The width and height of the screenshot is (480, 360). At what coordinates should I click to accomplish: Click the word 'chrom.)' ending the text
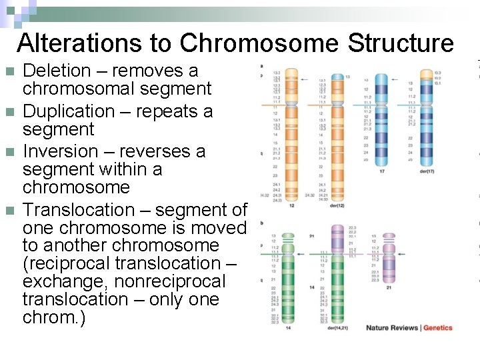pos(54,318)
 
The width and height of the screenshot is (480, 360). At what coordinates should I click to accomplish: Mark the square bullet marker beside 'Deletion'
pos(9,71)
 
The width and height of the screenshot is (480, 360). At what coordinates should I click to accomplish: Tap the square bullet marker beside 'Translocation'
pos(9,210)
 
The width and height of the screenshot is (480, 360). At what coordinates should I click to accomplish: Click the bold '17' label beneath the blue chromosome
pos(381,171)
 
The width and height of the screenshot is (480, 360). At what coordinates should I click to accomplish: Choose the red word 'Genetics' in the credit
pos(438,327)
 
